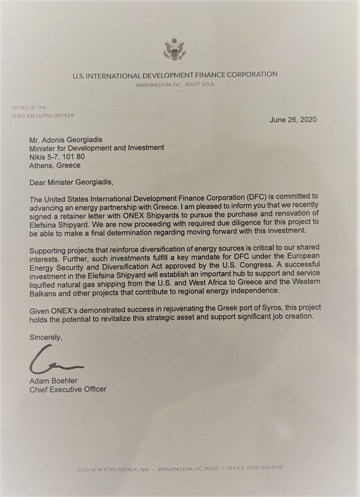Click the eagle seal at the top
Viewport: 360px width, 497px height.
tap(175, 50)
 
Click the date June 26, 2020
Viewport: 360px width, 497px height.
tap(293, 120)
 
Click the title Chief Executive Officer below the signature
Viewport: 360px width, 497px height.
tap(68, 389)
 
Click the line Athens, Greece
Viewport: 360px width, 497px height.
tap(55, 165)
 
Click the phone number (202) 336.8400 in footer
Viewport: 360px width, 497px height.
tap(265, 468)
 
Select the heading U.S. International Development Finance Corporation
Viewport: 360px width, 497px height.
tap(175, 75)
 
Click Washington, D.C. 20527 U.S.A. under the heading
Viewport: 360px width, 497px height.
tap(175, 84)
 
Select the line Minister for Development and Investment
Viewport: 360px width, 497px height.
tap(97, 147)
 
